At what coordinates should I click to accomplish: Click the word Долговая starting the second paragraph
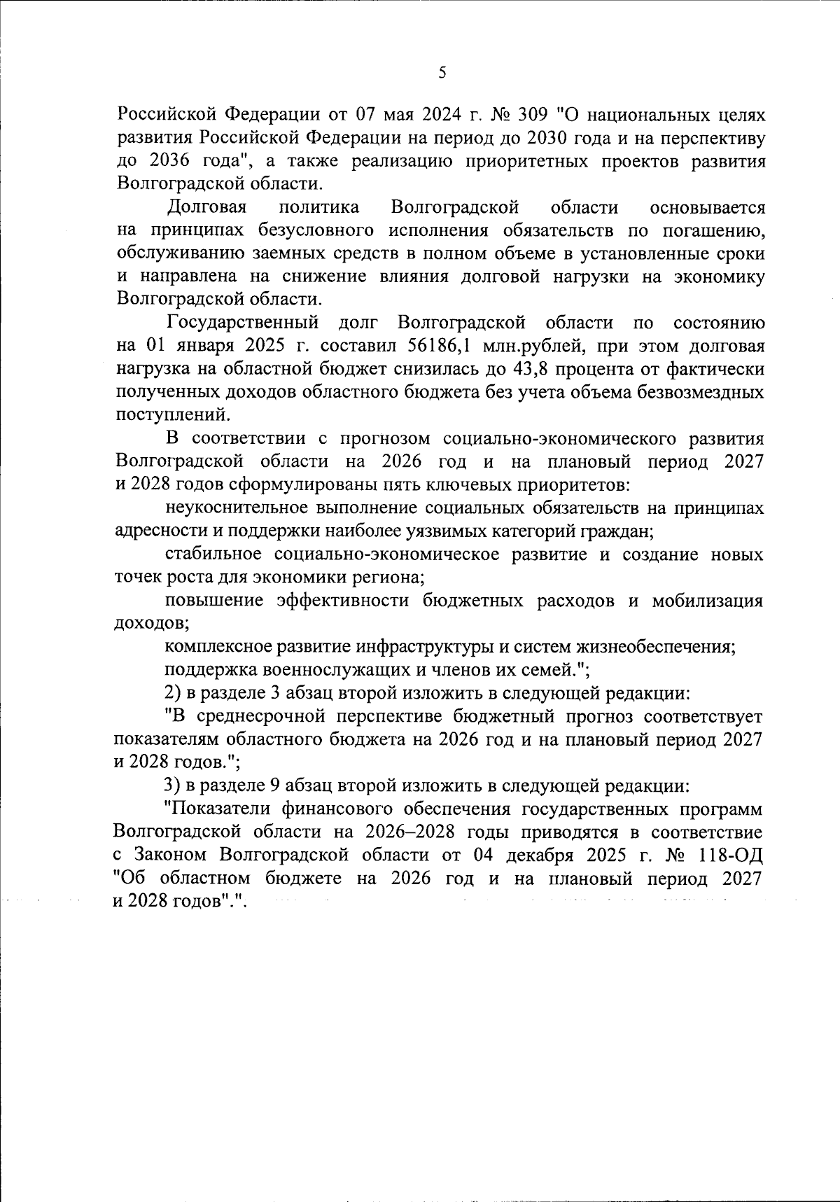point(208,207)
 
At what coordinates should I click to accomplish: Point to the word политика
point(319,207)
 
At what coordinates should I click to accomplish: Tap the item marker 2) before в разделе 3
point(172,693)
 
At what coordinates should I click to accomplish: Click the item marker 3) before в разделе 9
point(172,785)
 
